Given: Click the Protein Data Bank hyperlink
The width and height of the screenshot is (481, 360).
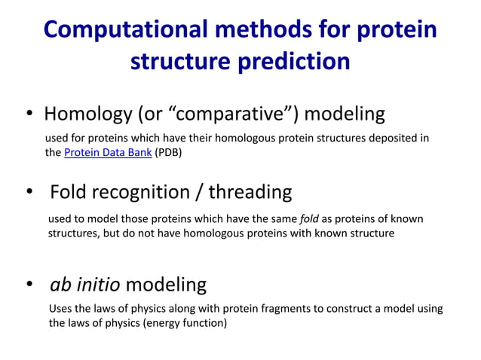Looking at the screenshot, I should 108,152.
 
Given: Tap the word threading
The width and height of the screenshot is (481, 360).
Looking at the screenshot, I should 250,192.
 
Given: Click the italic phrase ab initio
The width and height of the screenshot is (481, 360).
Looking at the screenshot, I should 84,285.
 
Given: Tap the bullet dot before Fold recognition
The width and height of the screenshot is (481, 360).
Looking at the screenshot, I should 30,193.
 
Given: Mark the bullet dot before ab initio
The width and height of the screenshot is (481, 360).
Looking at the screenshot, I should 30,285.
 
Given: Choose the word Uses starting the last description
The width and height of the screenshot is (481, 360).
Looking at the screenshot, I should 60,309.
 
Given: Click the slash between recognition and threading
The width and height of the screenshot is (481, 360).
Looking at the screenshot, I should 199,192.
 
